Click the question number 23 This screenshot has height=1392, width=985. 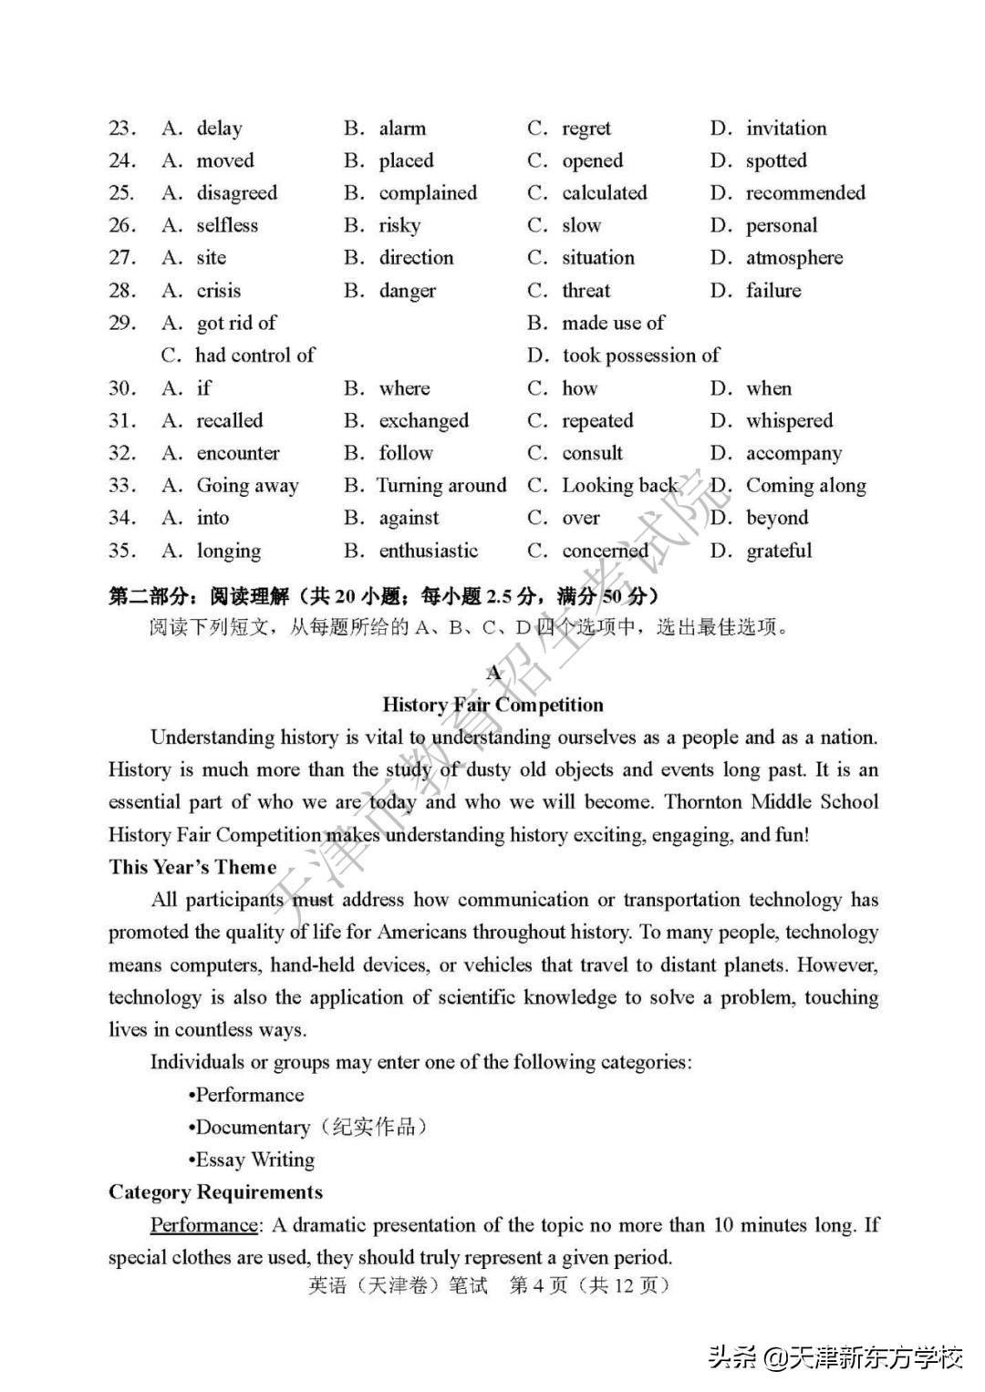121,129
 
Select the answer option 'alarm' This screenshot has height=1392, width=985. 402,129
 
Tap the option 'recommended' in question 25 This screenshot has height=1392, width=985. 804,193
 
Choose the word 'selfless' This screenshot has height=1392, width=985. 227,225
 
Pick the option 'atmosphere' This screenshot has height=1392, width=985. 793,258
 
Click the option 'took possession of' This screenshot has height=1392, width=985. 640,356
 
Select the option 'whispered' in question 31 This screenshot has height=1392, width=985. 789,420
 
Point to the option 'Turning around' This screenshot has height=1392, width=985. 441,486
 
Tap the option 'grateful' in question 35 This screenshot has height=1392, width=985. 778,551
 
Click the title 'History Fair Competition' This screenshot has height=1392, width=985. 493,705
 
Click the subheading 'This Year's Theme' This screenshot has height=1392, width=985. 192,867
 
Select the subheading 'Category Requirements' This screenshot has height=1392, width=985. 215,1192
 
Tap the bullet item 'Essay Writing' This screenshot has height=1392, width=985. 254,1160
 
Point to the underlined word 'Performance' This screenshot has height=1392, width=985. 204,1225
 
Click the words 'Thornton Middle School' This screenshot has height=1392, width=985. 772,802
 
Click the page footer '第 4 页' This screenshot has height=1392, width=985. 538,1285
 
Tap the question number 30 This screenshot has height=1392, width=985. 121,388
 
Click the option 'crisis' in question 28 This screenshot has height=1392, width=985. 219,291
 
